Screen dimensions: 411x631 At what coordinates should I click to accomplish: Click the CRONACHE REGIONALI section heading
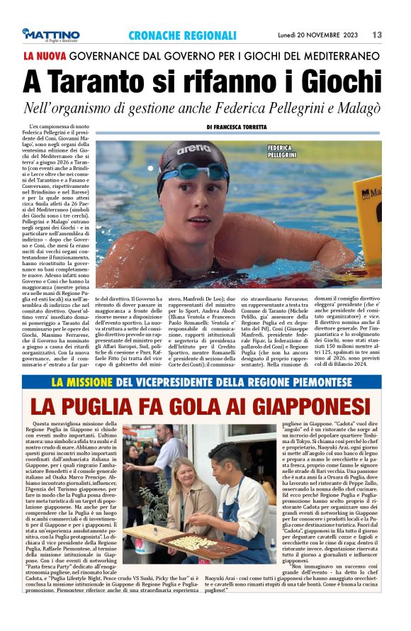182,35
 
